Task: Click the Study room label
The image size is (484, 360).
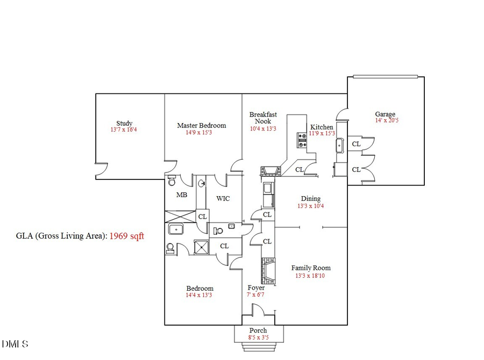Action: click(124, 123)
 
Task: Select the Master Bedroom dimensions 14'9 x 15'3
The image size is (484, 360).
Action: click(201, 132)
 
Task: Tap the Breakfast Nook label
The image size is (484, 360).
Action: click(263, 118)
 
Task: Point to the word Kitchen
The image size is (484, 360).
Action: click(322, 127)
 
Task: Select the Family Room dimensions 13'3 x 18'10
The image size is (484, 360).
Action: click(311, 276)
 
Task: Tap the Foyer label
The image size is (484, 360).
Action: click(256, 287)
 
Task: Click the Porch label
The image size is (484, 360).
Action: click(258, 330)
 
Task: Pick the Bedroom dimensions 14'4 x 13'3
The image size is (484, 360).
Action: click(200, 295)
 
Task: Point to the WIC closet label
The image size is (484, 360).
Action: click(223, 198)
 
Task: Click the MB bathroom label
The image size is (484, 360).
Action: click(182, 195)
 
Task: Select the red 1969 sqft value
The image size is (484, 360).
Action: click(127, 236)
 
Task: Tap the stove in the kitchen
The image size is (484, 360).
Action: click(301, 140)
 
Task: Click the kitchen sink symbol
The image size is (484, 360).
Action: click(340, 145)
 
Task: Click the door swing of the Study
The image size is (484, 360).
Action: click(100, 170)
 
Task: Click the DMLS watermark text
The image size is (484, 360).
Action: click(15, 344)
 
